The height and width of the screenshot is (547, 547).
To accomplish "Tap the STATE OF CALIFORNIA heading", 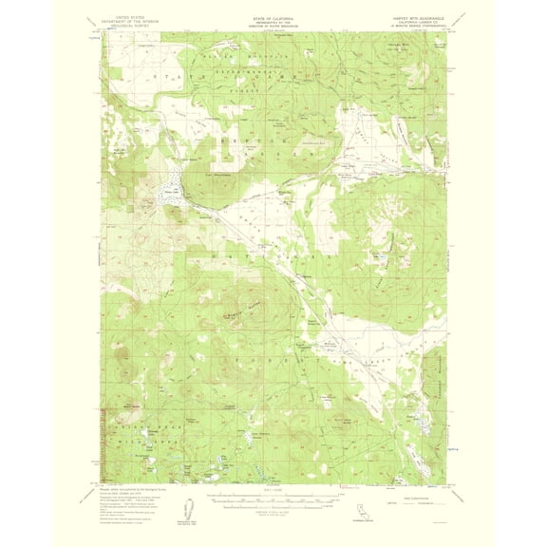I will (x=273, y=11).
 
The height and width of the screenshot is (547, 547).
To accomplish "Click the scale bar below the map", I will (x=273, y=500).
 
